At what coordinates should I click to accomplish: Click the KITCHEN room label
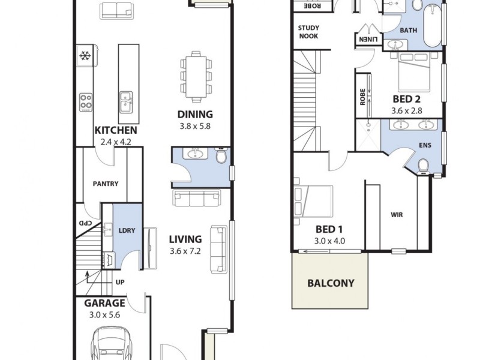click(x=116, y=130)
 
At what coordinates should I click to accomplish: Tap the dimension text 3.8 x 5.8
click(x=195, y=126)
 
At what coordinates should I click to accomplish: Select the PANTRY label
click(x=106, y=184)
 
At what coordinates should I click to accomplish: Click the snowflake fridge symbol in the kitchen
click(x=85, y=56)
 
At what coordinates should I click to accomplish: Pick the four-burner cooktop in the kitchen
click(x=86, y=100)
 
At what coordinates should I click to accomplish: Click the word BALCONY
click(x=331, y=283)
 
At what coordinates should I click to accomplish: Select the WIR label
click(x=396, y=214)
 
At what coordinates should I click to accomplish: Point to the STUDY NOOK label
click(x=308, y=32)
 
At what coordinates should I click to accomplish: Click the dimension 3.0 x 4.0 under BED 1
click(x=329, y=241)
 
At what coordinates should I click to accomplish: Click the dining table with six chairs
click(x=196, y=74)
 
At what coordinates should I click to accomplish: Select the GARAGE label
click(x=104, y=303)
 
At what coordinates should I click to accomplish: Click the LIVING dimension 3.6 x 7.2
click(x=188, y=250)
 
